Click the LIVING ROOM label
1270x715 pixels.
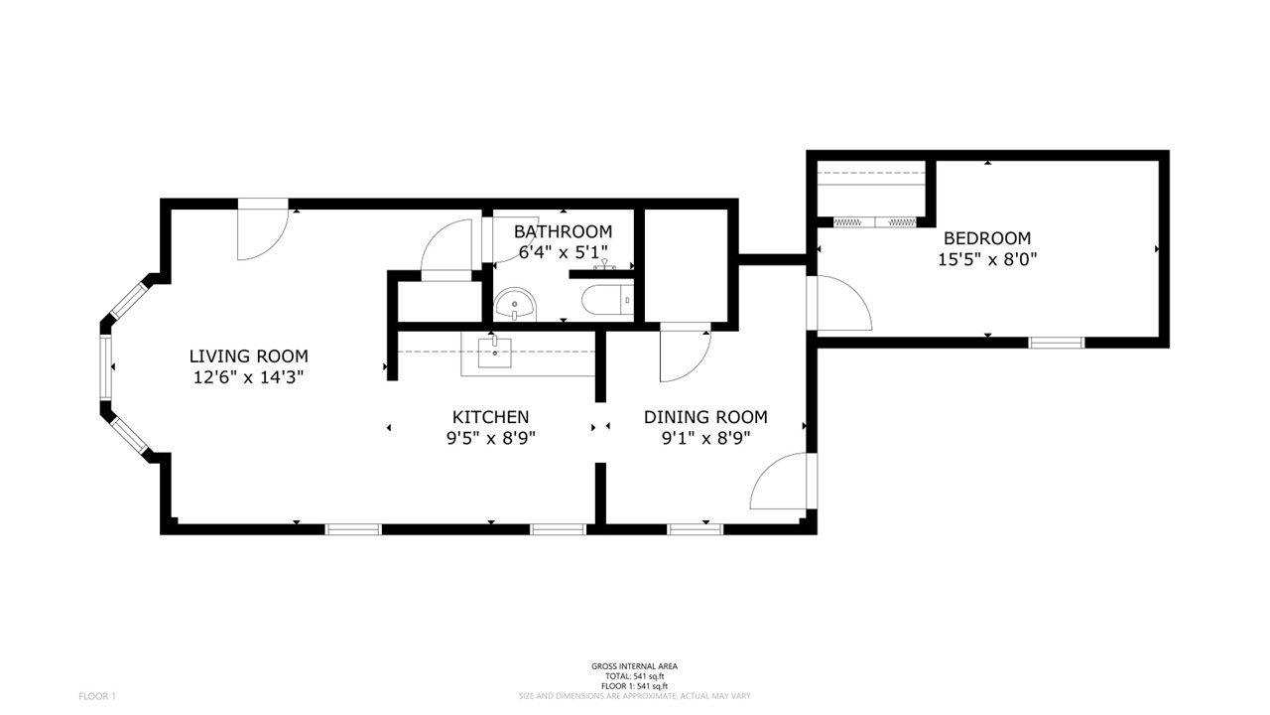pos(248,356)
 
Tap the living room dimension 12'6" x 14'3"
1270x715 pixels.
pos(248,377)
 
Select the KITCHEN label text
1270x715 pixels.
pos(490,417)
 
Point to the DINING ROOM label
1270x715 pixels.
pos(705,417)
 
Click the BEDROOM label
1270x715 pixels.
pos(986,238)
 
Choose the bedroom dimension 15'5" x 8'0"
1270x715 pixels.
pos(986,259)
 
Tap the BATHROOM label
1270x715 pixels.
pos(563,231)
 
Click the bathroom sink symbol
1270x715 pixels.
pos(515,304)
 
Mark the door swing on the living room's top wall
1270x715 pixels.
pos(261,231)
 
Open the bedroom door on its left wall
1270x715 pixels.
pos(839,304)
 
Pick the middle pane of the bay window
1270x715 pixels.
pos(105,367)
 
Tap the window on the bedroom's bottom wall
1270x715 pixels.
pos(1056,343)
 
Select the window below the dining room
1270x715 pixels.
pos(695,529)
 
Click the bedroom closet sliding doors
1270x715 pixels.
pos(873,222)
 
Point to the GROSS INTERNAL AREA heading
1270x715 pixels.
pos(634,666)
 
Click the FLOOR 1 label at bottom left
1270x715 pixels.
pos(97,696)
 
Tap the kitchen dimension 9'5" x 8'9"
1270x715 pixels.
pos(490,437)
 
